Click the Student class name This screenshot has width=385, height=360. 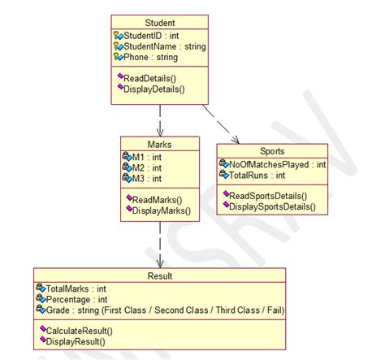[x=159, y=23]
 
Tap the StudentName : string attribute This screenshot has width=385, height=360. [x=165, y=47]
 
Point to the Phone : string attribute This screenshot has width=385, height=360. [x=150, y=58]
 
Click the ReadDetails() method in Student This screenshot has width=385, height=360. [x=154, y=77]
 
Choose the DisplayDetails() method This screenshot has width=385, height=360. [x=157, y=89]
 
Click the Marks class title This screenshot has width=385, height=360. [x=161, y=144]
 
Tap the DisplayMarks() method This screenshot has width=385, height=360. [x=161, y=210]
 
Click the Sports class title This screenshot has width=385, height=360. [x=273, y=152]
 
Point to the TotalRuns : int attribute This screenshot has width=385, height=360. [x=258, y=175]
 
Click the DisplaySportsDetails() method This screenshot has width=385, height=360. [x=273, y=207]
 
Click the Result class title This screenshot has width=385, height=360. [x=160, y=276]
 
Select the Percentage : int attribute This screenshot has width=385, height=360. [x=77, y=299]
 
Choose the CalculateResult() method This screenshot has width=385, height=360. [x=79, y=331]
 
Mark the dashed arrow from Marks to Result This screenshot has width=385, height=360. [x=161, y=244]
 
